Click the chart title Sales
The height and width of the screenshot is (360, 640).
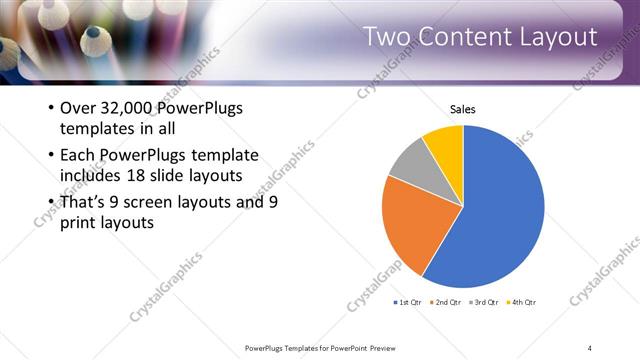coord(462,109)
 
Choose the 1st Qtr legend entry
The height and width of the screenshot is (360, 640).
coord(409,302)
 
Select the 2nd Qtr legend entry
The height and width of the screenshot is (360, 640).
coord(446,302)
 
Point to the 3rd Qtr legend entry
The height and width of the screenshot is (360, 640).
coord(484,302)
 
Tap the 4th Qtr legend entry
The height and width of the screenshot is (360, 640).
coord(522,302)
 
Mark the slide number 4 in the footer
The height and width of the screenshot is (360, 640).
coord(590,347)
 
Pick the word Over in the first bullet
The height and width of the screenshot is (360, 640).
coord(78,108)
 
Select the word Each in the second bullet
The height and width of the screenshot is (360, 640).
coord(78,155)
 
